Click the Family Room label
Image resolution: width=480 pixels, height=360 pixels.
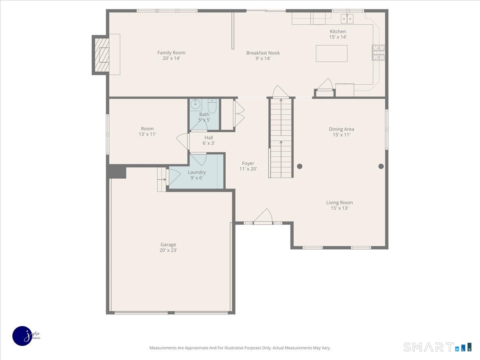[x=171, y=53]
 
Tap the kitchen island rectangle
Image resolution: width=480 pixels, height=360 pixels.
[x=332, y=54]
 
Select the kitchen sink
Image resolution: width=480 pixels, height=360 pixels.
[x=347, y=18]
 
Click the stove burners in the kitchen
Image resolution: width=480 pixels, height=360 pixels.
[x=378, y=52]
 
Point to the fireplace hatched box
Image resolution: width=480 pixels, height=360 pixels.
[x=102, y=55]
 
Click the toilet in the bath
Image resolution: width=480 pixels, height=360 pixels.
[x=212, y=106]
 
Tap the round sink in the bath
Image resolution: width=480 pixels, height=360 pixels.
[x=195, y=104]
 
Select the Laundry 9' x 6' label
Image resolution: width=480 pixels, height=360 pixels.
[x=196, y=175]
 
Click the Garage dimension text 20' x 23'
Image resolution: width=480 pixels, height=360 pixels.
[x=168, y=250]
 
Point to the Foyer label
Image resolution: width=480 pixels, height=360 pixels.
[x=248, y=163]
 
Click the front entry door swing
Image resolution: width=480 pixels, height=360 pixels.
[x=264, y=216]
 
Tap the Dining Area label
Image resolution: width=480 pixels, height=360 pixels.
[x=341, y=129]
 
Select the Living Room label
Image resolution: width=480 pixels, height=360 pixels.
[x=339, y=203]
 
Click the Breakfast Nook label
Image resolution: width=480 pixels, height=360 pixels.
[x=263, y=53]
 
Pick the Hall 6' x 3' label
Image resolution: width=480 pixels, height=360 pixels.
[x=209, y=140]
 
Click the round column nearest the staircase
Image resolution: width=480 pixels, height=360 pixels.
[x=300, y=166]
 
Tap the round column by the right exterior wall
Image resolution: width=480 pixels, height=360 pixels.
[x=381, y=166]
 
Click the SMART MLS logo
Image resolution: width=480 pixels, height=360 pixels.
[x=437, y=347]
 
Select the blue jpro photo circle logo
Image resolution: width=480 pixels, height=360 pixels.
[x=23, y=336]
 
